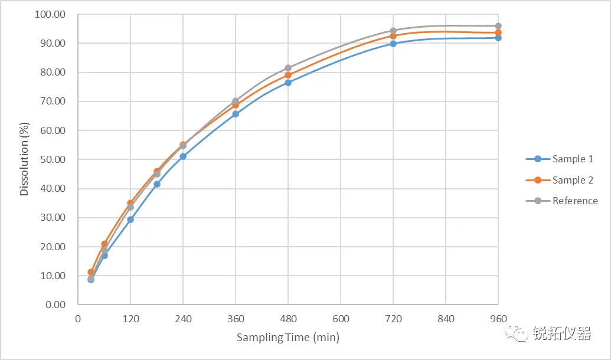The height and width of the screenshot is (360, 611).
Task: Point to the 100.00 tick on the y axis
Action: coord(51,14)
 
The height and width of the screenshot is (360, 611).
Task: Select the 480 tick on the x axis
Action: coord(288,319)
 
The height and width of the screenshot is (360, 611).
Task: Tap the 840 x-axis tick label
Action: coord(446,319)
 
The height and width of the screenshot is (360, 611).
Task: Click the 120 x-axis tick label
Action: coord(130,319)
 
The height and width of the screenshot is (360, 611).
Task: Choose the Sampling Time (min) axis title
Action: coord(288,338)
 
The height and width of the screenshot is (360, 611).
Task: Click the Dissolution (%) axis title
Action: coord(24,159)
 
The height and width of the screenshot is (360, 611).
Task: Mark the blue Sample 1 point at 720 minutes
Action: coord(393,44)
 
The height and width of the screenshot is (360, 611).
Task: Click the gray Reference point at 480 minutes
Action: coord(288,68)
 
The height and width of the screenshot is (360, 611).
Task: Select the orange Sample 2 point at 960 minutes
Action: coord(498,32)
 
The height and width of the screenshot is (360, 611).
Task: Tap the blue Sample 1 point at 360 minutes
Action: coord(236,114)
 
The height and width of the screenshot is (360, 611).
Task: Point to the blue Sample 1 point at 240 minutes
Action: coord(183,156)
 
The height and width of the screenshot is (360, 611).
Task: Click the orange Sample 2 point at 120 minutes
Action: coord(130,203)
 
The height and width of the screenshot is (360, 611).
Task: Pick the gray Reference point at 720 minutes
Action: coord(393,31)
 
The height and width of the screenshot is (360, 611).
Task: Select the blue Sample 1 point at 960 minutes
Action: coord(498,38)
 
